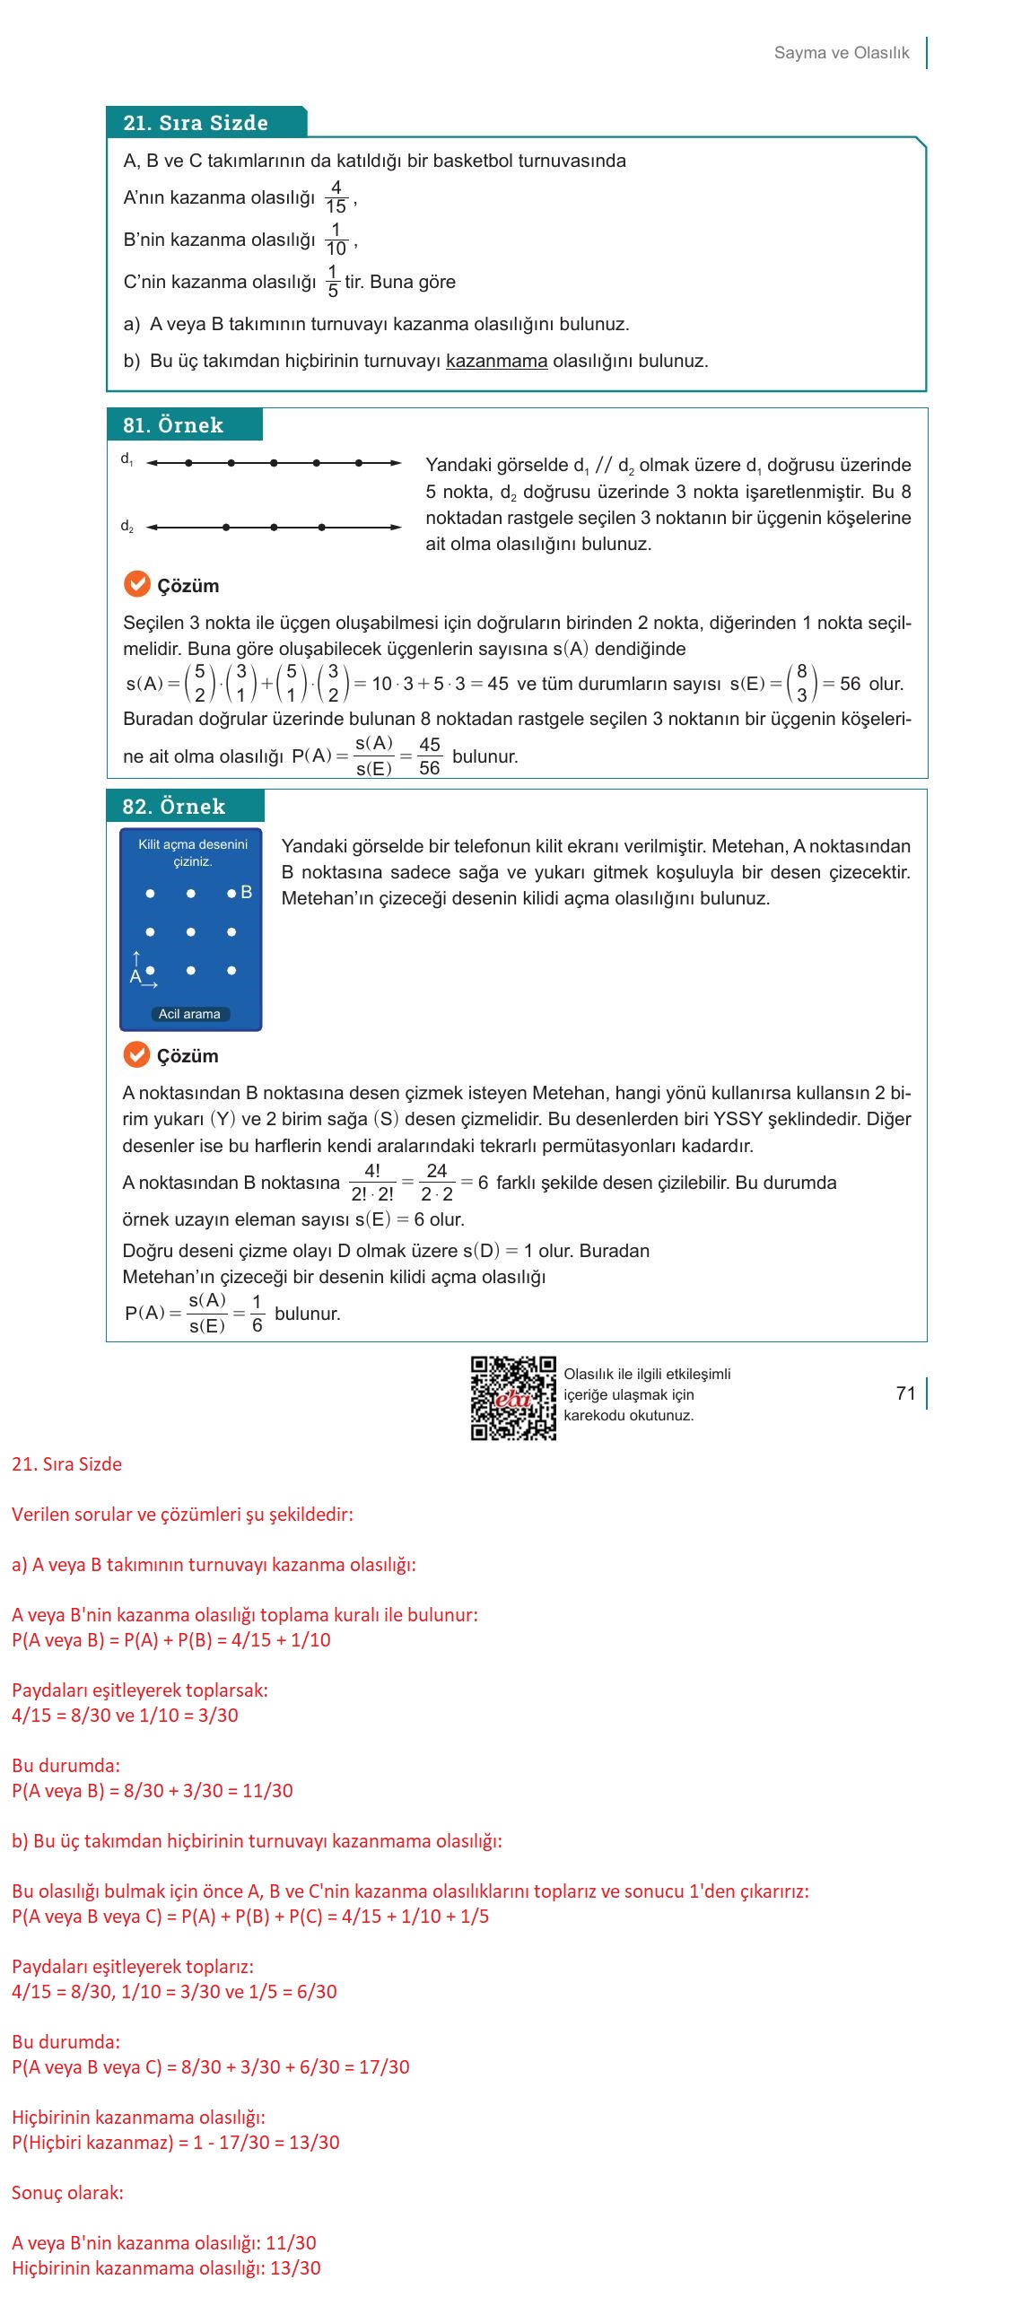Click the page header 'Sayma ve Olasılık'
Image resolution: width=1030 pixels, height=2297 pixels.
click(x=841, y=53)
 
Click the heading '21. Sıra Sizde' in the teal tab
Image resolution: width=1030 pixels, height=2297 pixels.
click(x=196, y=123)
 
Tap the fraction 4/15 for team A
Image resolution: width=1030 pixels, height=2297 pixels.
click(x=336, y=197)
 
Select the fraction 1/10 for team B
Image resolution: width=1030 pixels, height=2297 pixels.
click(x=336, y=240)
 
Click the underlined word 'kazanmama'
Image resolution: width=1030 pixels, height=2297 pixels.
click(x=496, y=362)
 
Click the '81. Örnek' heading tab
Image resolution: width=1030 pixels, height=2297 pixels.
click(x=173, y=425)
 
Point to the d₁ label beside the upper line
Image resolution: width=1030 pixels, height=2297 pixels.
click(x=127, y=459)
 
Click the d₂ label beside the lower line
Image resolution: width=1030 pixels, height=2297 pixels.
click(x=127, y=527)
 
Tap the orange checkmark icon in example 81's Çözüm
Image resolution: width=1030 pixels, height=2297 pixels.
click(x=136, y=585)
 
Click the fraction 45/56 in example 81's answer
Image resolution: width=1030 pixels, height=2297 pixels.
click(x=429, y=756)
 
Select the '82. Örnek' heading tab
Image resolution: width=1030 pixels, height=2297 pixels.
click(x=174, y=807)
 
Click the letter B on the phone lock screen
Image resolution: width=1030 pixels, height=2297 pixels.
click(x=247, y=893)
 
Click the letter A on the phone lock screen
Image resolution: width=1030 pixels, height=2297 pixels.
click(x=135, y=976)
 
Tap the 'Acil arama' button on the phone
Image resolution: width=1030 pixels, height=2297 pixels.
click(x=189, y=1014)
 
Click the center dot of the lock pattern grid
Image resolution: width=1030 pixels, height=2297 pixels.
click(x=191, y=932)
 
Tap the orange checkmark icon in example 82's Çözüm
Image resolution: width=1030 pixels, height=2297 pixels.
click(x=136, y=1055)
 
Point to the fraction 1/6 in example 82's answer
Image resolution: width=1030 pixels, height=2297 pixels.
click(x=257, y=1314)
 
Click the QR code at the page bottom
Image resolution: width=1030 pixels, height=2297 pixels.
click(x=513, y=1398)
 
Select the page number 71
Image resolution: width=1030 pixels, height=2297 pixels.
click(x=905, y=1393)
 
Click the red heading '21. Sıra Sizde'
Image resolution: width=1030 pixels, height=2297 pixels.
click(x=66, y=1464)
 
